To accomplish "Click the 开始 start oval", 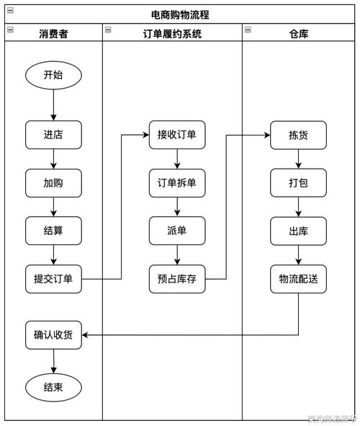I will pyautogui.click(x=53, y=75).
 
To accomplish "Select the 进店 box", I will pyautogui.click(x=53, y=135).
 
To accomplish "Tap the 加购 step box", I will pyautogui.click(x=53, y=183).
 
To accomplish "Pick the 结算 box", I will pyautogui.click(x=53, y=231).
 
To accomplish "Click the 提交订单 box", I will pyautogui.click(x=53, y=279).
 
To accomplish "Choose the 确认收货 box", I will pyautogui.click(x=53, y=334).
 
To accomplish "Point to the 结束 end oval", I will pyautogui.click(x=53, y=387).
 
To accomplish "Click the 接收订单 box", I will pyautogui.click(x=177, y=135).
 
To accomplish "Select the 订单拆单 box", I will pyautogui.click(x=177, y=183).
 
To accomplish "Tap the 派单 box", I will pyautogui.click(x=177, y=231).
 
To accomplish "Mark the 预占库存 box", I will pyautogui.click(x=177, y=279).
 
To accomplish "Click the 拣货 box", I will pyautogui.click(x=298, y=135).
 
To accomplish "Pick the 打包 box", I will pyautogui.click(x=298, y=183).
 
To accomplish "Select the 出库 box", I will pyautogui.click(x=298, y=231).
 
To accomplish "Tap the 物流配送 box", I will pyautogui.click(x=298, y=279).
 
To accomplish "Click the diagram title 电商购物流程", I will pyautogui.click(x=180, y=14).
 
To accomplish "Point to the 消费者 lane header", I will pyautogui.click(x=53, y=33).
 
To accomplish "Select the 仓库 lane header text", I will pyautogui.click(x=298, y=33).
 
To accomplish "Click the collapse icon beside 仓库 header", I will pyautogui.click(x=248, y=30).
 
